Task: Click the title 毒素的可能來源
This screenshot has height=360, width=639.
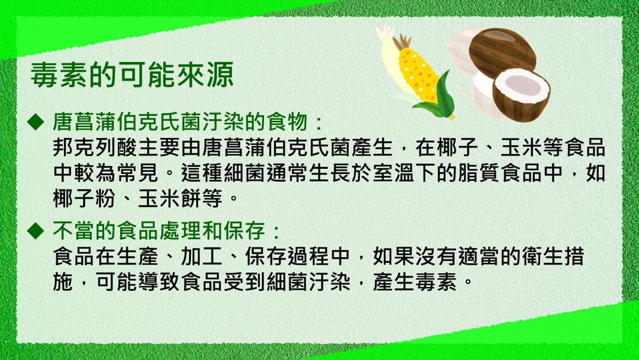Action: (132, 75)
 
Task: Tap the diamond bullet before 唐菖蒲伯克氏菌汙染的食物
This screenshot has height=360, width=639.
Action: (35, 122)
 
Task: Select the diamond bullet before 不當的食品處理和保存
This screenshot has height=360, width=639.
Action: (35, 231)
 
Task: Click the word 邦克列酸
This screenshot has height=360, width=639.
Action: (95, 148)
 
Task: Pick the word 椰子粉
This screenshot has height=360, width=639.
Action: (85, 199)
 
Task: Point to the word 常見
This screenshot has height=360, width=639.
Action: (138, 173)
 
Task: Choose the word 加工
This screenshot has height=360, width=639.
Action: (201, 256)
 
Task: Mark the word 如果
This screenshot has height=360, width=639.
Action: (393, 256)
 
